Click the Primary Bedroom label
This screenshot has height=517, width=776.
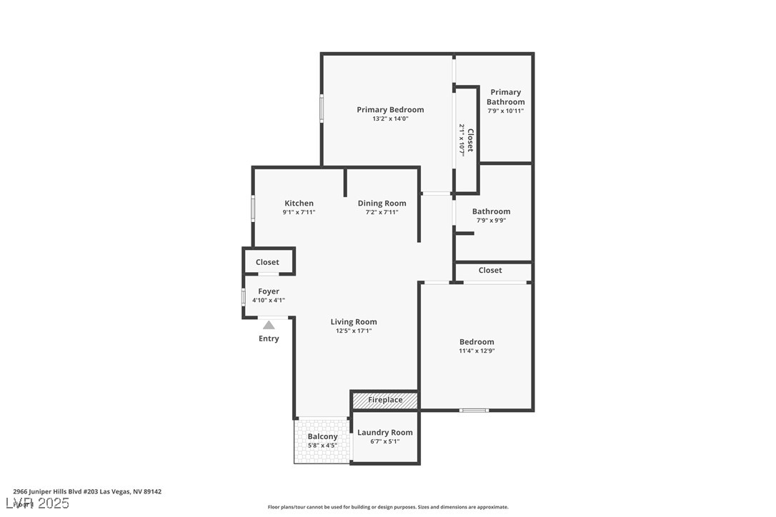[x=390, y=109]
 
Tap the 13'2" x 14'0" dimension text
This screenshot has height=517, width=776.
[x=390, y=119]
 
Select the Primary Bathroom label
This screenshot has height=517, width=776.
[x=505, y=96]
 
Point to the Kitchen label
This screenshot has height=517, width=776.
[x=299, y=203]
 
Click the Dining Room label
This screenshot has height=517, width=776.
[x=382, y=203]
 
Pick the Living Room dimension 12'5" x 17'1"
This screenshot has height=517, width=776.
[x=354, y=331]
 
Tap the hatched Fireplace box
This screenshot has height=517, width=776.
[x=385, y=400]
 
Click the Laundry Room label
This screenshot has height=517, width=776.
[x=384, y=432]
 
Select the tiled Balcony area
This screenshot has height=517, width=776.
[x=322, y=441]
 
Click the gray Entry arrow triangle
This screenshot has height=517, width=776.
[x=269, y=325]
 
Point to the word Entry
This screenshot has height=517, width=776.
[x=269, y=338]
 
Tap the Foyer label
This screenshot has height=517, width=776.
[x=269, y=291]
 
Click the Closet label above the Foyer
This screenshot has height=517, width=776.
[x=267, y=262]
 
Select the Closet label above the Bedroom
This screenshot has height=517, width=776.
[x=490, y=270]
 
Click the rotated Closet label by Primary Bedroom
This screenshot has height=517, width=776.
[x=469, y=140]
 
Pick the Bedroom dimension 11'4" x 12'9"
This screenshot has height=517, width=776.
[x=477, y=351]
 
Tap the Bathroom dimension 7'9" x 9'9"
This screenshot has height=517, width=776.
[x=491, y=221]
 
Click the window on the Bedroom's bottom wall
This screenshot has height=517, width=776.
[x=474, y=410]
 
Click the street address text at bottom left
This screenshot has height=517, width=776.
[x=87, y=491]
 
